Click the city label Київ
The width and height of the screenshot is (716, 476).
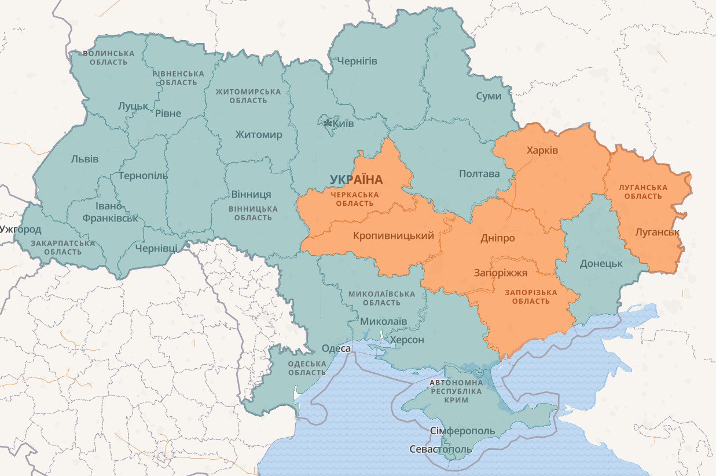click(343, 123)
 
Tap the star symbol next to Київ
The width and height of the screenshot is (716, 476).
click(328, 123)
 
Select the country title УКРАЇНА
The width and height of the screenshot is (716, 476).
click(357, 180)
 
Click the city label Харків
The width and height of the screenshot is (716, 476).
click(542, 150)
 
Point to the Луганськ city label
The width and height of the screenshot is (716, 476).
click(657, 232)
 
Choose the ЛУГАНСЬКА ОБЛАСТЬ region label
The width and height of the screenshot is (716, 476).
click(642, 192)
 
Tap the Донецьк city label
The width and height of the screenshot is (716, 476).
click(601, 263)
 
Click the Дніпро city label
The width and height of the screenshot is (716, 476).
click(497, 238)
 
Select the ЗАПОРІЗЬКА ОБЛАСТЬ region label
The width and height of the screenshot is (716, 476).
click(531, 297)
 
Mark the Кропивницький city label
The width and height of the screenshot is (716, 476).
click(393, 235)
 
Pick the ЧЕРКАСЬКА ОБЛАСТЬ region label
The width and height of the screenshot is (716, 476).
click(355, 199)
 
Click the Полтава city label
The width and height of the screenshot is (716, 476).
click(479, 173)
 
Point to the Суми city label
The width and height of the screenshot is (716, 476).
click(489, 96)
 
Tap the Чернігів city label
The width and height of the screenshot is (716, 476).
click(357, 61)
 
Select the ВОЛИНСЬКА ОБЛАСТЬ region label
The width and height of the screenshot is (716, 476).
click(109, 57)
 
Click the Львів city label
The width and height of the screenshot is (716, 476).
click(85, 159)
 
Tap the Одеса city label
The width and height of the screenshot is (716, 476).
click(336, 348)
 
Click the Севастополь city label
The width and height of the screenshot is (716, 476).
click(441, 449)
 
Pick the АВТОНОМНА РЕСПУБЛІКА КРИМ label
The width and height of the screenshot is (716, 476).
click(457, 391)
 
